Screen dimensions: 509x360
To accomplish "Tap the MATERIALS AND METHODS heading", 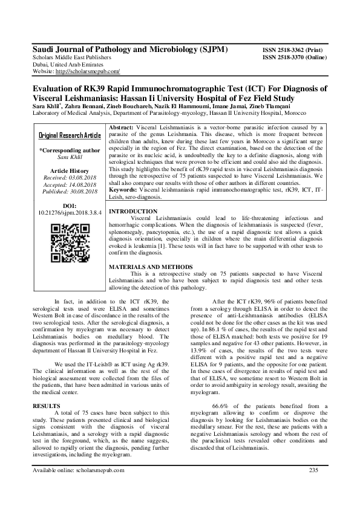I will [x=151, y=267].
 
